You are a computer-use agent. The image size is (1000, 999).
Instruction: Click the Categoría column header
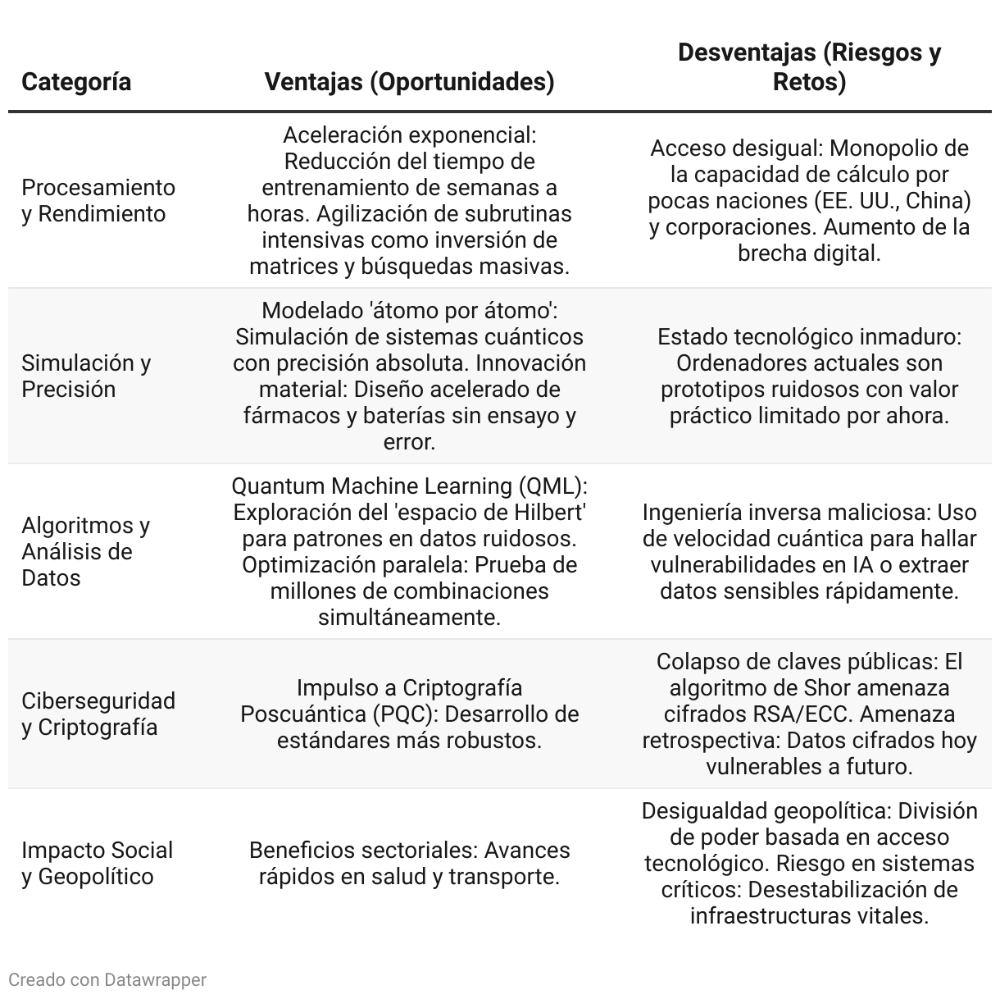(x=76, y=82)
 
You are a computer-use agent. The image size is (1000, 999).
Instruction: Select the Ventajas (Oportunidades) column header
(x=409, y=82)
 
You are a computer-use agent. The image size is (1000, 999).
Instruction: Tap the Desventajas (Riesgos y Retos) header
(x=809, y=67)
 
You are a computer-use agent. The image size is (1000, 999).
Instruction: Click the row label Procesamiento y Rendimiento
(x=98, y=200)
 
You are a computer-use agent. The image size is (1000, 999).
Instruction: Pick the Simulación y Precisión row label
(x=86, y=376)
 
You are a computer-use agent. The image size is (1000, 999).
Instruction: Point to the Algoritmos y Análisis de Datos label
(x=86, y=551)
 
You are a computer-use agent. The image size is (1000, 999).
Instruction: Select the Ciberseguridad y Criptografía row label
(x=98, y=714)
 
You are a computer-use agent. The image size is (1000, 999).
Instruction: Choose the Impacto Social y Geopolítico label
(x=97, y=863)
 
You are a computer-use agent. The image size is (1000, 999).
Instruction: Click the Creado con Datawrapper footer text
(x=107, y=979)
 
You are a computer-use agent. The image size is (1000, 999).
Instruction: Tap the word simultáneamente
(x=409, y=618)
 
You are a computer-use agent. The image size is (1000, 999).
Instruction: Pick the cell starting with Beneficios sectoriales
(x=409, y=863)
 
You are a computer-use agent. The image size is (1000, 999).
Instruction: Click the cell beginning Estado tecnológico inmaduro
(x=809, y=376)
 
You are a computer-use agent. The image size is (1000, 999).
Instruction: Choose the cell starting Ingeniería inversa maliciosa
(x=809, y=551)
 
